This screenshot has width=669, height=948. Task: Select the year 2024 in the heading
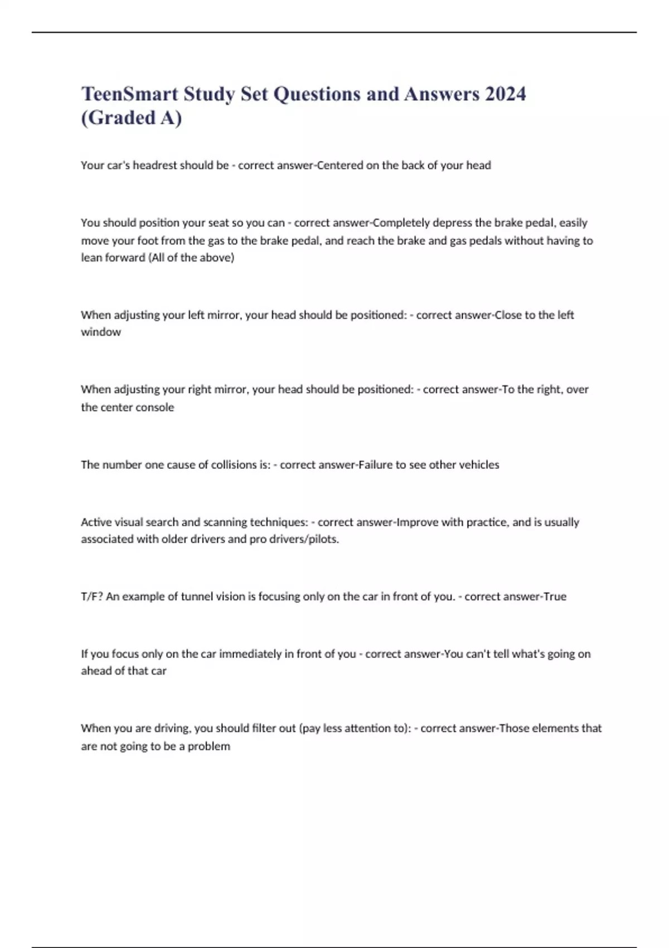pos(505,94)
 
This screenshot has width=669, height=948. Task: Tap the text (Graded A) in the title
pos(132,118)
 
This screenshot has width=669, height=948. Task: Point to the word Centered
pos(340,166)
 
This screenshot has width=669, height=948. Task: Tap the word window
pos(101,332)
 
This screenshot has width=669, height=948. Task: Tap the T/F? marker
pos(92,597)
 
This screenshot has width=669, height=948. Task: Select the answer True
pos(555,597)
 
